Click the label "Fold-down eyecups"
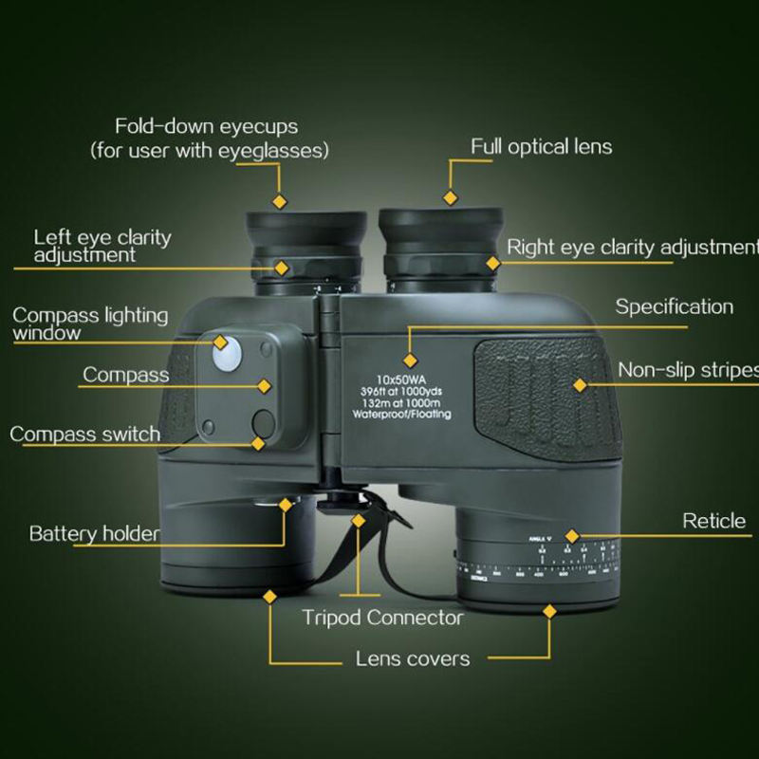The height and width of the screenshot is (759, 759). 206,126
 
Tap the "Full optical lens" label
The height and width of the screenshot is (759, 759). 542,147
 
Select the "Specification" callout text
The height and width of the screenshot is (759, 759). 674,307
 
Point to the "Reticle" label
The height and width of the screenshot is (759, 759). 713,521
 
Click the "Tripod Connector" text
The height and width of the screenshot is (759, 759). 382,618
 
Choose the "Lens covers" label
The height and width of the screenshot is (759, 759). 412,658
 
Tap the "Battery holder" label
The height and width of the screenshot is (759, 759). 94,533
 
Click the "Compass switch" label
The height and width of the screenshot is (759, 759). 84,435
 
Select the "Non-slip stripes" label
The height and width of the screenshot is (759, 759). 687,369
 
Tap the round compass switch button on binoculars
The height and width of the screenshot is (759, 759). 263,421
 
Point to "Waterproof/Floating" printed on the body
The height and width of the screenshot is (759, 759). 401,415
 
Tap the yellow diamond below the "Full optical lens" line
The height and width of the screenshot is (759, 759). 451,197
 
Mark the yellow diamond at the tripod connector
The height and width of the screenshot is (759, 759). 359,520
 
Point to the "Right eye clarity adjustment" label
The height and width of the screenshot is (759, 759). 632,248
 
